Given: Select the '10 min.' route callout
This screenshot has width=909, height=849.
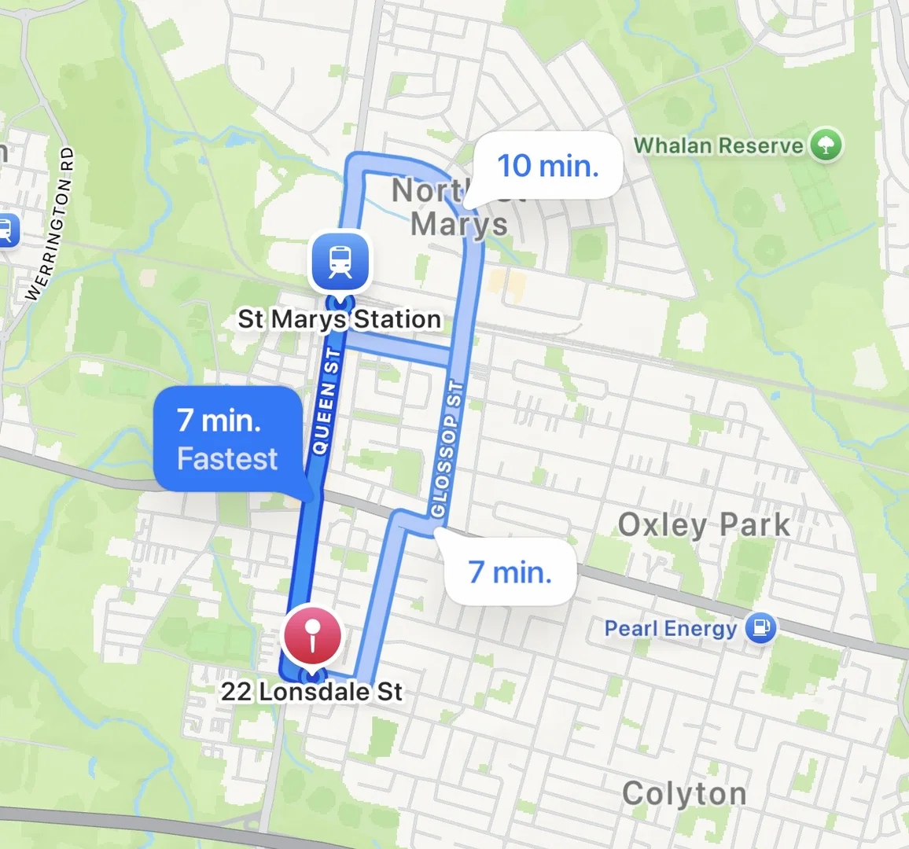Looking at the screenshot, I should click(x=548, y=166).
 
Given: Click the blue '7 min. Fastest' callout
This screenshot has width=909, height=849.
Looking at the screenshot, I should click(x=228, y=439).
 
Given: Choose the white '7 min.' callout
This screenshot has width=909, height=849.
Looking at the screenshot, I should click(x=510, y=572).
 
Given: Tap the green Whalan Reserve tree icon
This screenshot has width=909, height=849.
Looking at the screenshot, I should click(x=826, y=145).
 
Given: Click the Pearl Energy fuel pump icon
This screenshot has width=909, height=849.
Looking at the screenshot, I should click(x=760, y=628).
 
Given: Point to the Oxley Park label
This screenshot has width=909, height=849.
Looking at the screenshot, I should click(x=704, y=525).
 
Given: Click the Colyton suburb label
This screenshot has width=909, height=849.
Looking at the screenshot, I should click(x=684, y=794).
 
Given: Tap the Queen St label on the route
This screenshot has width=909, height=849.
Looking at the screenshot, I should click(x=326, y=402).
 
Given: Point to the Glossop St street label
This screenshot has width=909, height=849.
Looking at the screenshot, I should click(x=445, y=449).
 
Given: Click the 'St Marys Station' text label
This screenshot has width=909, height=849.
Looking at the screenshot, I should click(x=340, y=319).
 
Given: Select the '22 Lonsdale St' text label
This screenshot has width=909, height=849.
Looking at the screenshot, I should click(x=311, y=692).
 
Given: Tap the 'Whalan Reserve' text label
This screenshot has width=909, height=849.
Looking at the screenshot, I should click(x=719, y=145).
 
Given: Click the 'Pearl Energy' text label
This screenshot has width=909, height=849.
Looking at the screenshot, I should click(x=671, y=629).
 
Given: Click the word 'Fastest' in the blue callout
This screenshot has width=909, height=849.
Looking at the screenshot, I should click(x=228, y=459).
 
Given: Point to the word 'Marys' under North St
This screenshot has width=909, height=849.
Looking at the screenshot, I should click(x=459, y=224).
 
